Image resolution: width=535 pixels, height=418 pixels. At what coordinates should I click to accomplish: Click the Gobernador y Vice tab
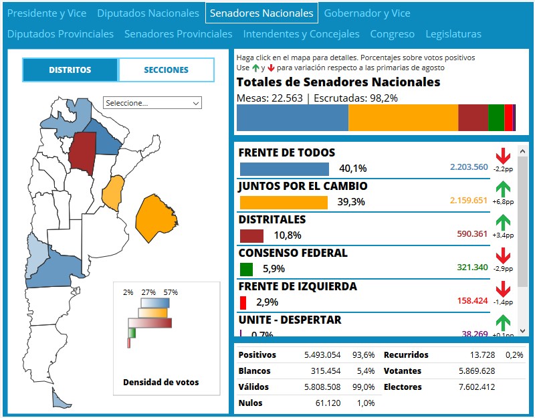(x=367, y=13)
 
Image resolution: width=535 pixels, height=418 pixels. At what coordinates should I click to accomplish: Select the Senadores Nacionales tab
(x=261, y=13)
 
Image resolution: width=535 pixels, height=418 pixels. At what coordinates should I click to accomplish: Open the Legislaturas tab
(x=453, y=34)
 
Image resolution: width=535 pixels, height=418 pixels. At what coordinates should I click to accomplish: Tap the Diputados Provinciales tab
(x=60, y=34)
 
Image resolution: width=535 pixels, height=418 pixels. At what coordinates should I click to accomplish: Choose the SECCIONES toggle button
(x=166, y=70)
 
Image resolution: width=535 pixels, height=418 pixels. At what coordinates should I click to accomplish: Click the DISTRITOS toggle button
(x=70, y=70)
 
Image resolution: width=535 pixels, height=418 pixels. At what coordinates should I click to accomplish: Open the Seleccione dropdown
(x=152, y=103)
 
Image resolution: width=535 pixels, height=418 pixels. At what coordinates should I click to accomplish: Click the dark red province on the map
(x=82, y=152)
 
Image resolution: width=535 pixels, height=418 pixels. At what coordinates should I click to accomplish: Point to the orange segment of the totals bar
(x=403, y=118)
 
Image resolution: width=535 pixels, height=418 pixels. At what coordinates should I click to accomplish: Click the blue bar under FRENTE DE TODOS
(x=284, y=169)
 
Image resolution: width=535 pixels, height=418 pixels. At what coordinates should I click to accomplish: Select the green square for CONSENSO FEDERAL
(x=246, y=269)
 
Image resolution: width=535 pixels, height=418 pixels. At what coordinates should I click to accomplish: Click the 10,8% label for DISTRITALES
(x=288, y=235)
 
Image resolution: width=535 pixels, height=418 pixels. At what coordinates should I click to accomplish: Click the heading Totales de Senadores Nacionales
(x=338, y=82)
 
